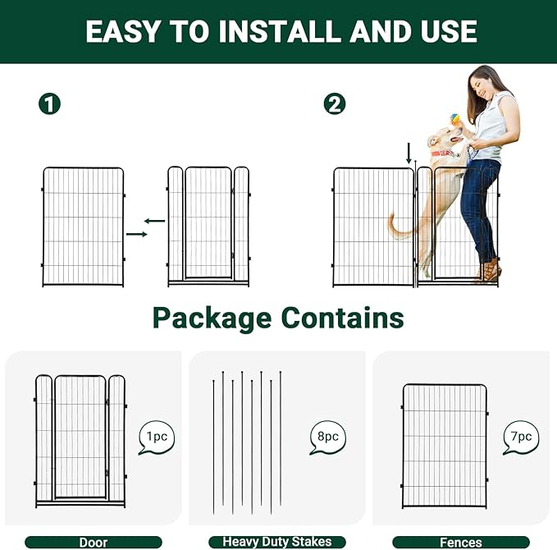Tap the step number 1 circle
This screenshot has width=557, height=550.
(x=51, y=104)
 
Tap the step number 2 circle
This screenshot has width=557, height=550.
(x=335, y=104)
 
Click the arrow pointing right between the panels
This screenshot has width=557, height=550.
(x=137, y=235)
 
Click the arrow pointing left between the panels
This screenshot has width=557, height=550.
(x=154, y=220)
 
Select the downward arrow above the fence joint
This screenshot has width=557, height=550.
(x=409, y=152)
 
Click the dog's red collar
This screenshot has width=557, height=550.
(x=442, y=153)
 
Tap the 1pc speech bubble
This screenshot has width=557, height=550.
(x=157, y=438)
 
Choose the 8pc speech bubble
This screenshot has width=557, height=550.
(x=327, y=438)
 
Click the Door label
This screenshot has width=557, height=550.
(x=93, y=542)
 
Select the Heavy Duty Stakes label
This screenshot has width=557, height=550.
(x=277, y=542)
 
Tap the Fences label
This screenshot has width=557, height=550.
(x=460, y=542)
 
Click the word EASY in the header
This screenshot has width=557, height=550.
(x=122, y=31)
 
